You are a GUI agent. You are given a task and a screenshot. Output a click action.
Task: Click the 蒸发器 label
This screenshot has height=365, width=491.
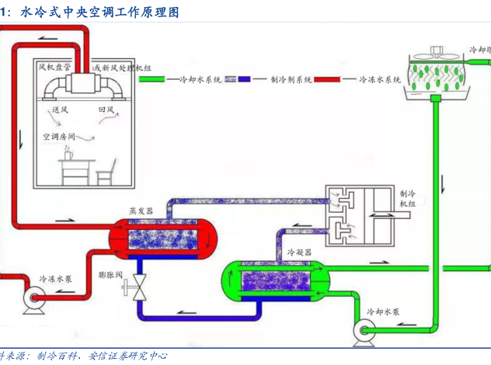tap(141, 211)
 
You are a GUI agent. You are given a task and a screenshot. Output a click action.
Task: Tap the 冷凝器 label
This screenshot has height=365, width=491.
tap(299, 253)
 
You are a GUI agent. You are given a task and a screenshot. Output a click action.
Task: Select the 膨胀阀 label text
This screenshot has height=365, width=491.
tap(112, 275)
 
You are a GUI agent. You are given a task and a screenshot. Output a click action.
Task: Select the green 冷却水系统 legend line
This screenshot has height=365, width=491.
tap(158, 79)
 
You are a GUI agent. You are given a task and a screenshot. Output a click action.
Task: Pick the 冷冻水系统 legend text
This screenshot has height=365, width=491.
tap(380, 79)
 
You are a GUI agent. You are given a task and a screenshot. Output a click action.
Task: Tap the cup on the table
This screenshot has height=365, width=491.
tap(68, 155)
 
